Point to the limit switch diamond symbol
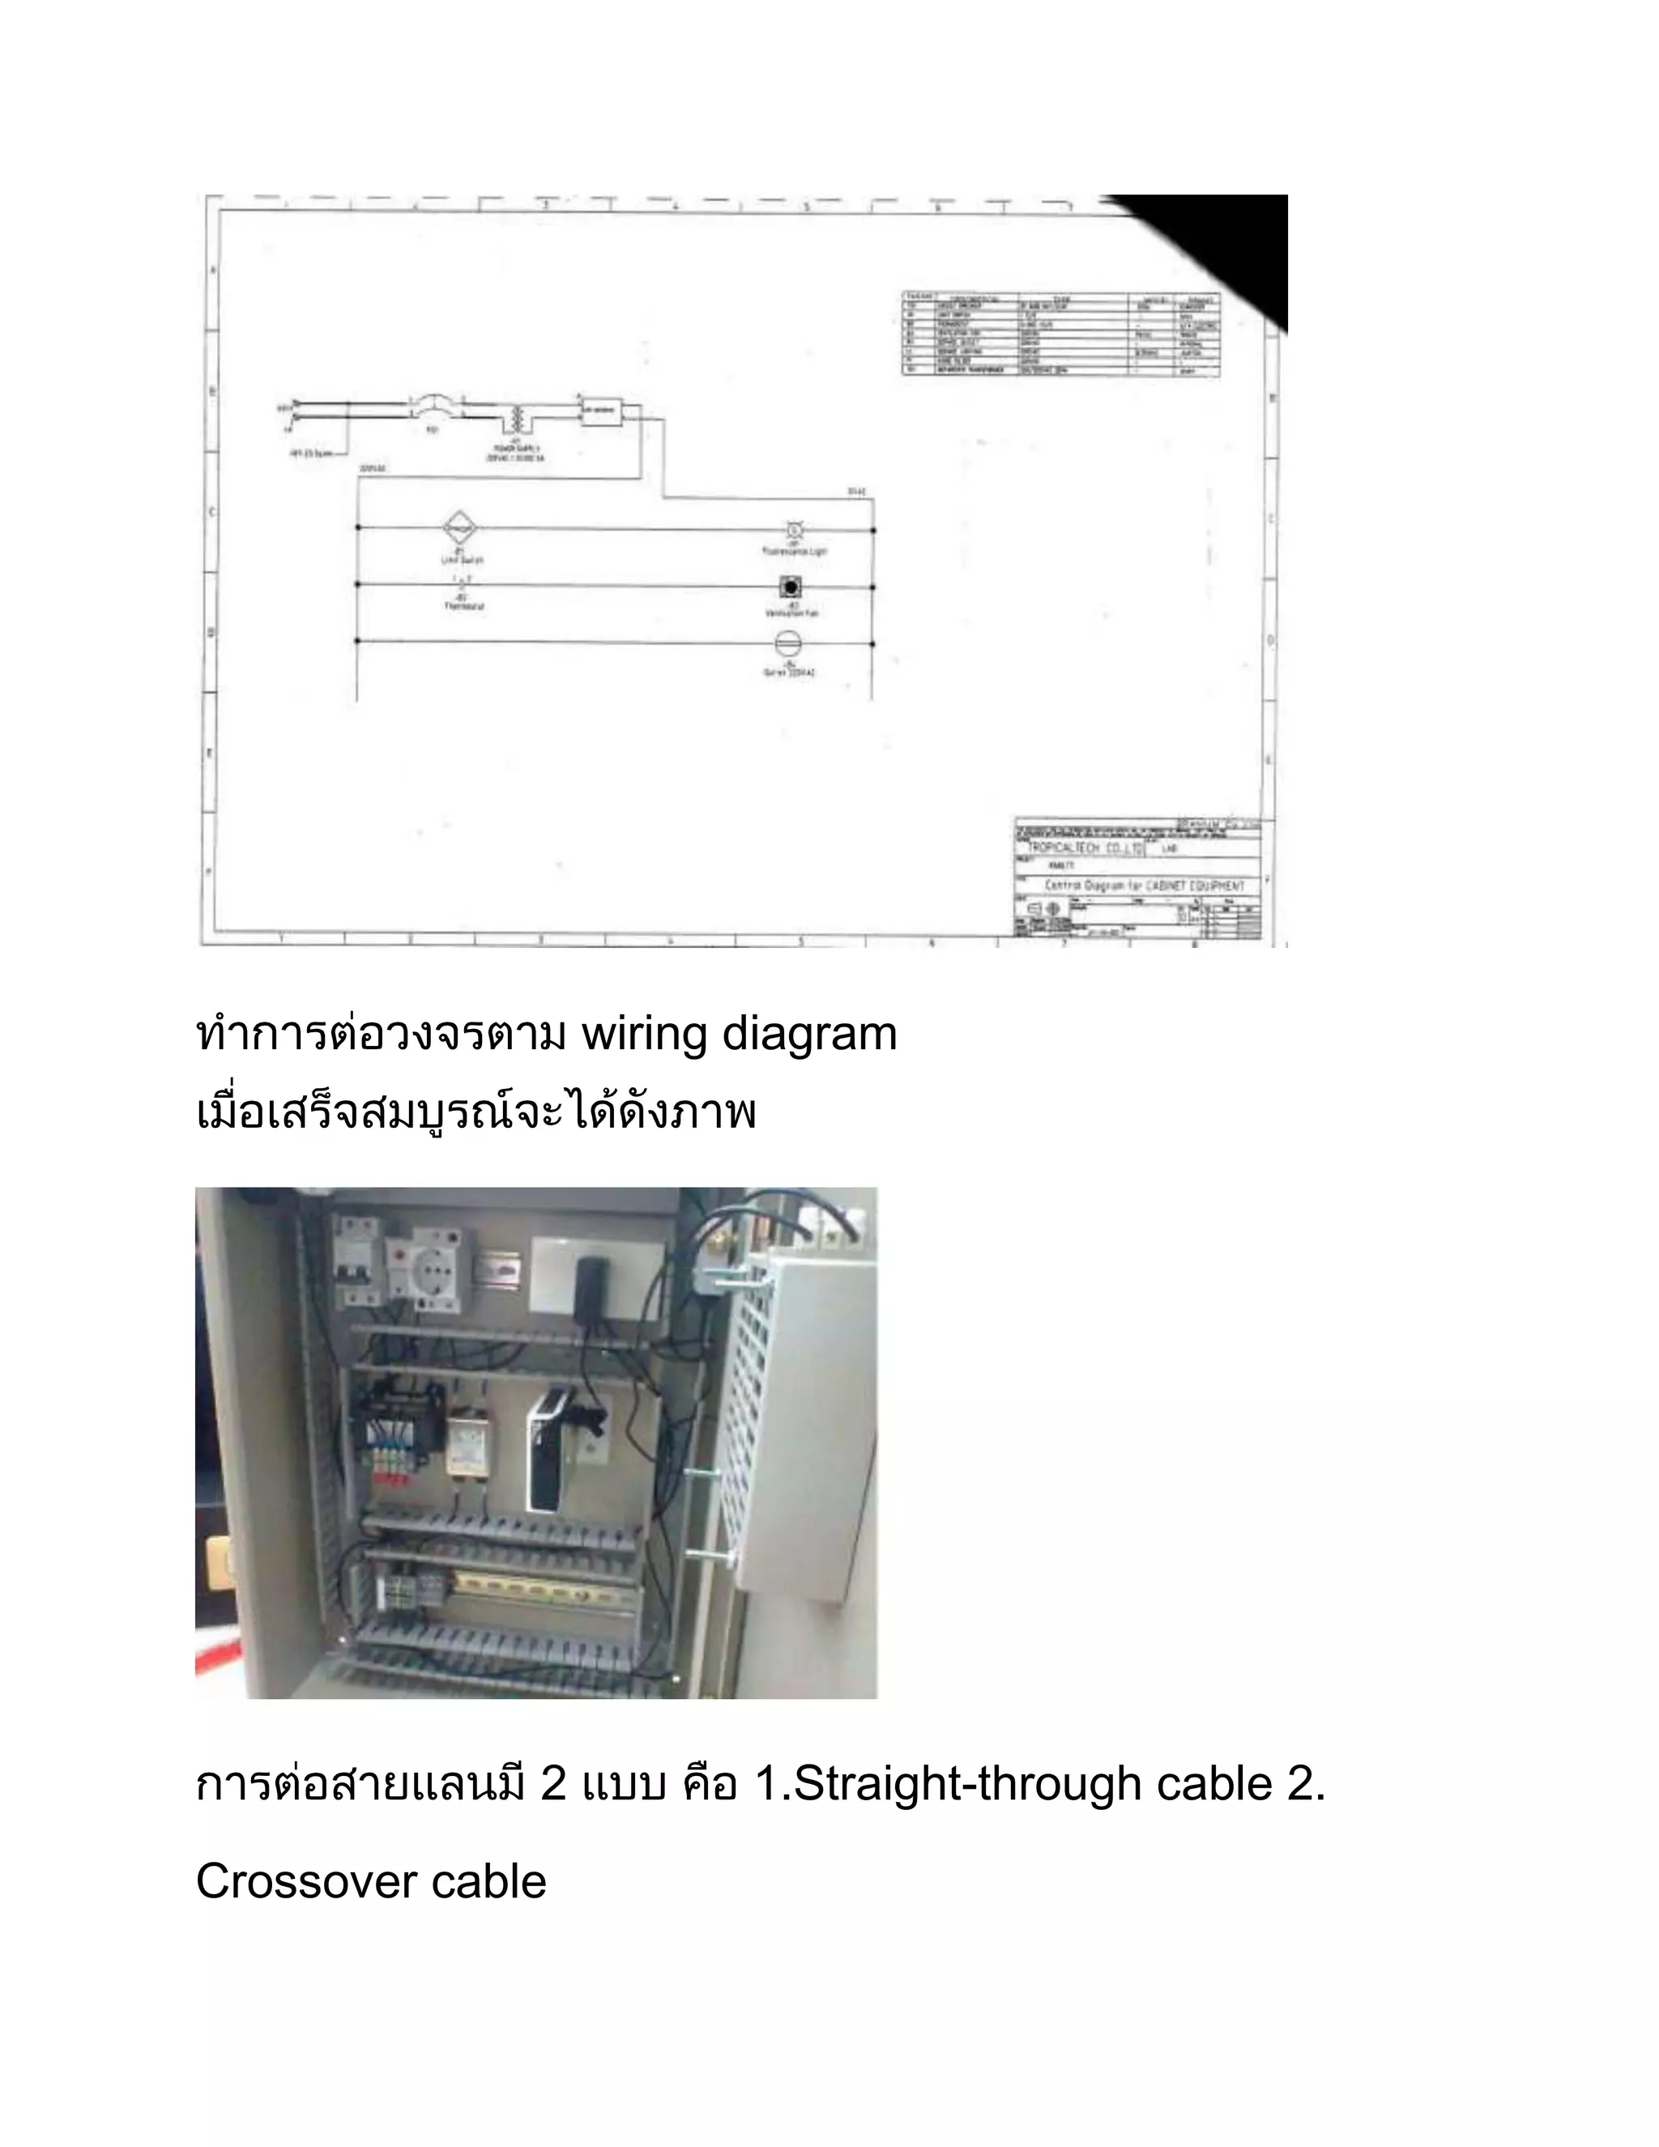[459, 529]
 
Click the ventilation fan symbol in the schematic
[790, 588]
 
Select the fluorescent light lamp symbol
[794, 531]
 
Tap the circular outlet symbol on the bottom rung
[789, 645]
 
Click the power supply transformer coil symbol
[515, 419]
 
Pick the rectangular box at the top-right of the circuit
[600, 410]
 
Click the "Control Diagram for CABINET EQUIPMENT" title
[1144, 886]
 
